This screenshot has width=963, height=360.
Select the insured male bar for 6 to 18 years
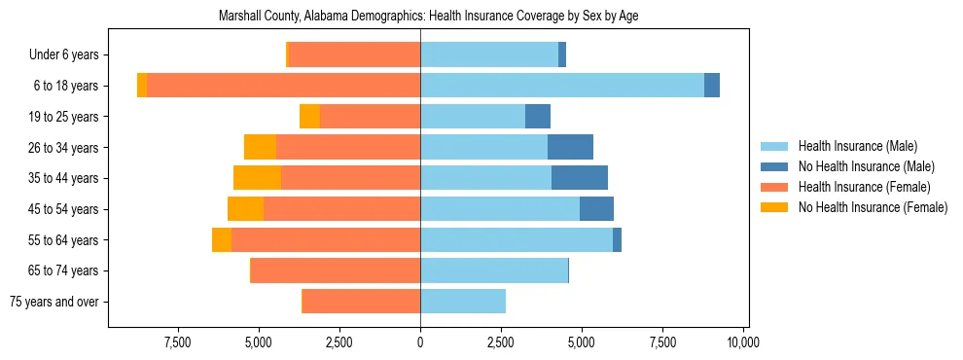pyautogui.click(x=562, y=86)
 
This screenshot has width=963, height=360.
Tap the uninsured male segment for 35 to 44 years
pyautogui.click(x=580, y=178)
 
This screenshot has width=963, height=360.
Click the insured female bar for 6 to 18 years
pyautogui.click(x=283, y=86)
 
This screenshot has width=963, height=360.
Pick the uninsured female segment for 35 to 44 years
pyautogui.click(x=257, y=178)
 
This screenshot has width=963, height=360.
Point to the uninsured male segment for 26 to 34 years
pyautogui.click(x=570, y=147)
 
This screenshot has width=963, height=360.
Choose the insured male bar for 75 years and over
pyautogui.click(x=463, y=302)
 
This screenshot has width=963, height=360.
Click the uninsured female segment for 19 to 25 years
pyautogui.click(x=309, y=117)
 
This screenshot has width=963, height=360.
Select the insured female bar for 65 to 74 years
pyautogui.click(x=336, y=270)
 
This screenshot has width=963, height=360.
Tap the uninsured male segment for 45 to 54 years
pyautogui.click(x=596, y=209)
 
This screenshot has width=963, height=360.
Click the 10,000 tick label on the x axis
pyautogui.click(x=743, y=342)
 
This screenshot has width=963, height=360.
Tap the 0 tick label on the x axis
pyautogui.click(x=420, y=342)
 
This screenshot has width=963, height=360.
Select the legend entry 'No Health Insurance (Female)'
pyautogui.click(x=873, y=207)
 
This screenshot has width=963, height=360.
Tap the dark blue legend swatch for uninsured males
pyautogui.click(x=774, y=166)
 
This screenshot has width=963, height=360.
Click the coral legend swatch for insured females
pyautogui.click(x=774, y=187)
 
